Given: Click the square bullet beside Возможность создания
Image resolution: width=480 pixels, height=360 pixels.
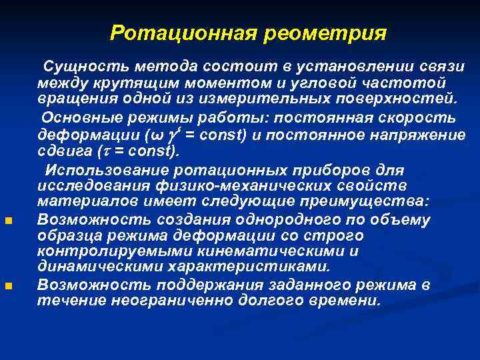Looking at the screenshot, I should (x=7, y=221).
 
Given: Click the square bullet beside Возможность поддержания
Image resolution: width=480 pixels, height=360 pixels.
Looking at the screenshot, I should (x=7, y=287).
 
